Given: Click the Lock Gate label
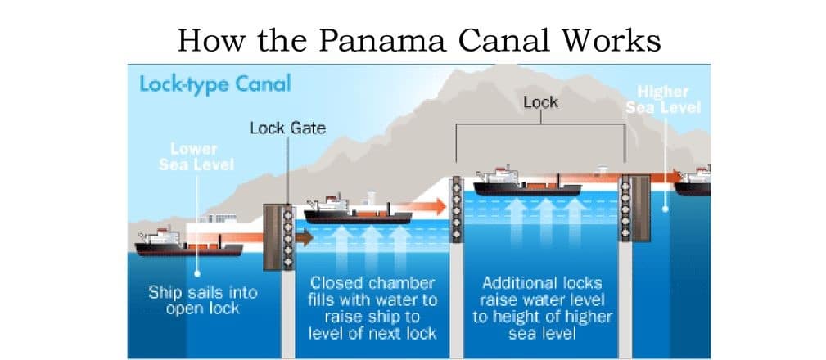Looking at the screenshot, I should click(x=287, y=128).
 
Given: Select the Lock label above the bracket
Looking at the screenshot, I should click(x=539, y=101).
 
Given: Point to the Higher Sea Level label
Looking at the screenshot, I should click(x=663, y=99).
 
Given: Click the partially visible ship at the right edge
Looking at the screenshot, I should click(x=693, y=181).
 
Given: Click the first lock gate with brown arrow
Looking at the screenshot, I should click(x=278, y=237).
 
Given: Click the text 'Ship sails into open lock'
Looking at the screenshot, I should click(x=202, y=300).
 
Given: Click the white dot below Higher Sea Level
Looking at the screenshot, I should click(x=666, y=208).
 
